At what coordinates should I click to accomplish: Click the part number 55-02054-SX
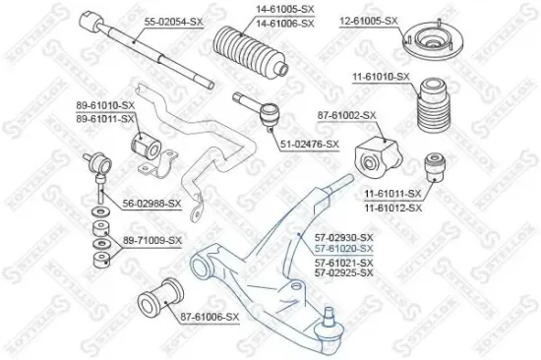173,22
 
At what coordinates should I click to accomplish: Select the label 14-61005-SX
285,10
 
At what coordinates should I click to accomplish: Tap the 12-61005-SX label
369,21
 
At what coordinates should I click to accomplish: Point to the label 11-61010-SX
381,77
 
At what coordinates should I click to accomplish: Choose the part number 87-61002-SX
347,115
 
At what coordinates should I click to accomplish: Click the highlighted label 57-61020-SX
344,249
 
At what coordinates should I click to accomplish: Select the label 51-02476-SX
310,145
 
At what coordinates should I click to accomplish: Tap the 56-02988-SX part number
151,204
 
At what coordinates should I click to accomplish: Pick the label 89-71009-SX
152,240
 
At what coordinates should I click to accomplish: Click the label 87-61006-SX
210,317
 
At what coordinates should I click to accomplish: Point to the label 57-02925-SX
344,273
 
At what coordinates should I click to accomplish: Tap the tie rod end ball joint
270,117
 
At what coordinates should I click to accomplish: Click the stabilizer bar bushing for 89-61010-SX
146,146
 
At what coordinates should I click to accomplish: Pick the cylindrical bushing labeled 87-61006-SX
160,298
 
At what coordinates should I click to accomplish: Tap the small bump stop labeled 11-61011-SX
435,166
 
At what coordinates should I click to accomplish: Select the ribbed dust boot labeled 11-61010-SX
435,105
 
